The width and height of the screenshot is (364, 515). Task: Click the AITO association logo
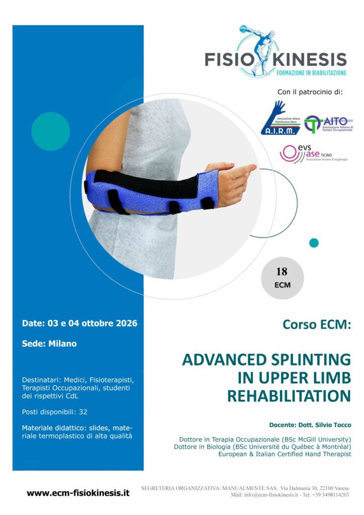tap(329, 124)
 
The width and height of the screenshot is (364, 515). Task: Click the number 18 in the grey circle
tap(282, 272)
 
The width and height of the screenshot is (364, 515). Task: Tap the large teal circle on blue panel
tap(50, 131)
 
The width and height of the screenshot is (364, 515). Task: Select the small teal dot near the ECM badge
tap(314, 243)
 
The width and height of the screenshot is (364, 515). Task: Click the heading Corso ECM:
tap(316, 325)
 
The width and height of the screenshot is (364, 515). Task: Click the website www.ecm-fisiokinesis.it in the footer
tap(78, 493)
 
